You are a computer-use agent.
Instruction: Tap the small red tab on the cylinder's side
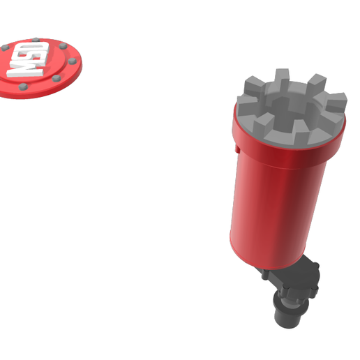pos(237,149)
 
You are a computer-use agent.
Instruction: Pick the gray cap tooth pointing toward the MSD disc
pos(254,87)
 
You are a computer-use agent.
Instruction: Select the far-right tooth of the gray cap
pos(336,103)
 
